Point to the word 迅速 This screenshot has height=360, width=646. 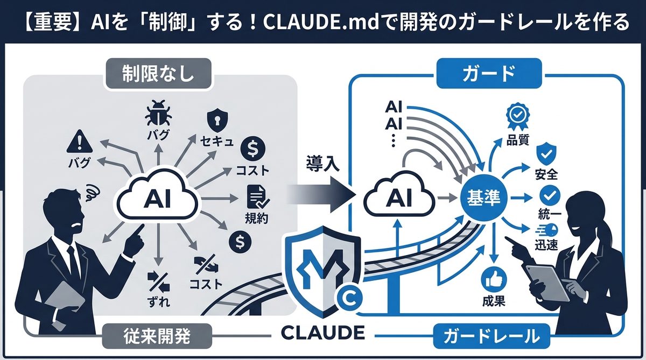coord(544,245)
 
